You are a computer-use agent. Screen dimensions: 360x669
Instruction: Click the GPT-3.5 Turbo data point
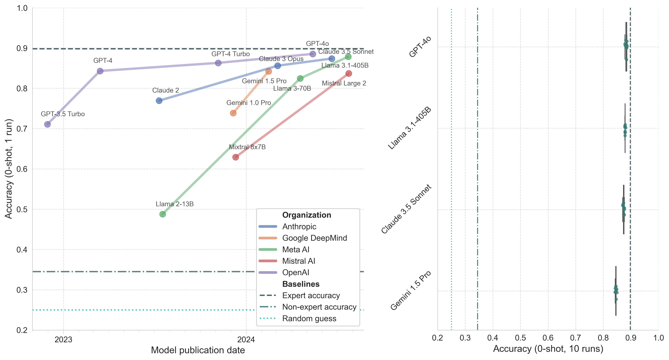point(47,124)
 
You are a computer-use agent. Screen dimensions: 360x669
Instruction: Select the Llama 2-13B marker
point(163,214)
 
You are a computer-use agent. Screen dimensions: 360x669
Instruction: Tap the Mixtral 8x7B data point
point(236,157)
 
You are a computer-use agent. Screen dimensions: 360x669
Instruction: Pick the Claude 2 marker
point(159,101)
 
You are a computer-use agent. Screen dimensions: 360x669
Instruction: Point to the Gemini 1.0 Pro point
point(233,113)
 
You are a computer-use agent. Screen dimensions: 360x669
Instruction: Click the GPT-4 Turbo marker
point(218,63)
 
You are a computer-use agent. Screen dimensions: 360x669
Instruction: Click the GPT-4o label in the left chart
point(317,44)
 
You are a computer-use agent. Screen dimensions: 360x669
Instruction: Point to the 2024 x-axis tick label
point(246,340)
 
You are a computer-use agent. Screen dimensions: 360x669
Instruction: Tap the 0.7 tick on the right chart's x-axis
point(576,338)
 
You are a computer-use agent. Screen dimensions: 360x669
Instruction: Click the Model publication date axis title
point(198,350)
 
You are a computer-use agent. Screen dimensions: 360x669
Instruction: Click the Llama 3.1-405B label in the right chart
point(410,128)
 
